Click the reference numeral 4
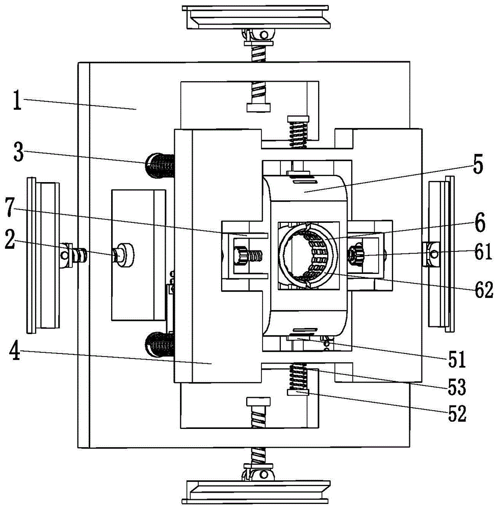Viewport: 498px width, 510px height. click(15, 351)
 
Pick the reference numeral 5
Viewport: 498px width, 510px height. click(478, 165)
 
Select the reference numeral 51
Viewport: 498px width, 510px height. click(457, 359)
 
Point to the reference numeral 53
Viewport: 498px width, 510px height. click(457, 387)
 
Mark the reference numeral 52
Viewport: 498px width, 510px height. click(457, 414)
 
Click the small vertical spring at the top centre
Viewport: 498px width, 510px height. click(298, 133)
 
